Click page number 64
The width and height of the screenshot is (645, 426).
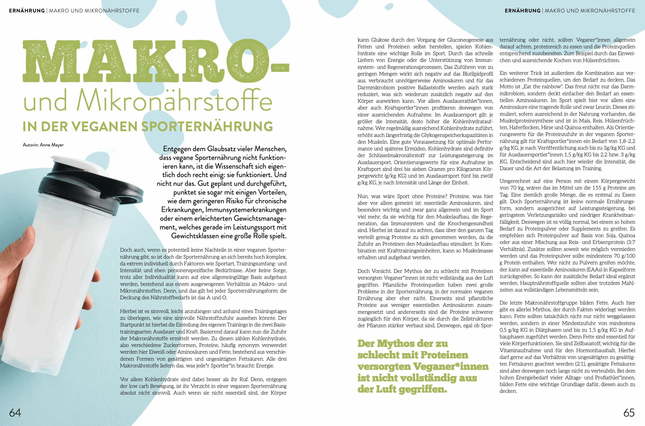tap(15, 413)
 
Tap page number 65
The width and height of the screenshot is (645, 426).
tap(629, 413)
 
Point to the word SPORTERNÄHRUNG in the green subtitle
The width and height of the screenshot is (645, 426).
tap(207, 127)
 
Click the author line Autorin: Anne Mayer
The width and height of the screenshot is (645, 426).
tap(43, 145)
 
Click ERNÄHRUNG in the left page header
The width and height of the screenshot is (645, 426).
tap(27, 11)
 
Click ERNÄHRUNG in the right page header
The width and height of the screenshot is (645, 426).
tap(523, 11)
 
